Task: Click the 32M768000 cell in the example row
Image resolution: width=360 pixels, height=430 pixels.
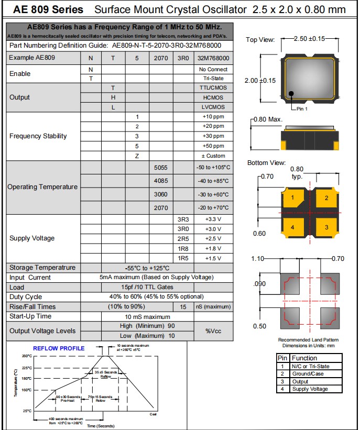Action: (x=213, y=58)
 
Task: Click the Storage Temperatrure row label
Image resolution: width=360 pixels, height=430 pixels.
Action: (x=42, y=268)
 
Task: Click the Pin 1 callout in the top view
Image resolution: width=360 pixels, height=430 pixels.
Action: (x=302, y=108)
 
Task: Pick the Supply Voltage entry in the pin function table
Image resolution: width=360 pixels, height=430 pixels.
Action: (x=310, y=389)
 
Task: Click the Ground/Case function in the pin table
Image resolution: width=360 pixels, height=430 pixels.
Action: (x=308, y=373)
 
